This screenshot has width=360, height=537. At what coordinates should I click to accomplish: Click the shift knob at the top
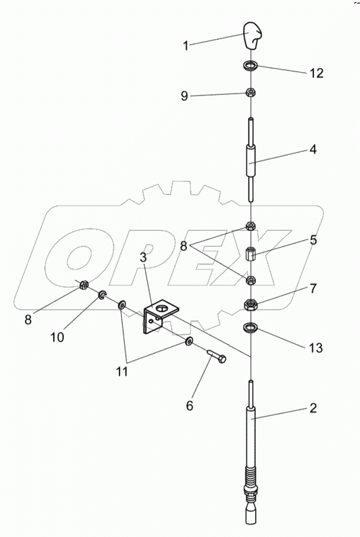(252, 36)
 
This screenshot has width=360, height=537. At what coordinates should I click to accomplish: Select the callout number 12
(316, 73)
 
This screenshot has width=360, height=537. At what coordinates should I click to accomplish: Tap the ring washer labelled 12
(251, 65)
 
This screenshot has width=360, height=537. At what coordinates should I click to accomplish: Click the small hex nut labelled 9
(251, 92)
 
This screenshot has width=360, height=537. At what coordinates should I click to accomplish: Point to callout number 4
(313, 149)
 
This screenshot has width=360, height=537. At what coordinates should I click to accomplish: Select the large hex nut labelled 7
(251, 304)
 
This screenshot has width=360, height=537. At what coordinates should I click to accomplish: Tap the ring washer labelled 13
(251, 328)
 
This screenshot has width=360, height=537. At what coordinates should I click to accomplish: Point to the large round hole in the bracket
(162, 309)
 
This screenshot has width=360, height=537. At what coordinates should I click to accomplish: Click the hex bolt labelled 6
(217, 356)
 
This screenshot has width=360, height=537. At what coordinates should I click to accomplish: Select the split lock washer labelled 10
(102, 295)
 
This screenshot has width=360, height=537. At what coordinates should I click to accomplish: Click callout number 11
(122, 372)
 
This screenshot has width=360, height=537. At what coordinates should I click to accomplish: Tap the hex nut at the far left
(84, 284)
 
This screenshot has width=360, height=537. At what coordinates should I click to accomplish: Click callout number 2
(313, 408)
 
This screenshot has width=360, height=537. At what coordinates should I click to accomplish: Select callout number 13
(315, 348)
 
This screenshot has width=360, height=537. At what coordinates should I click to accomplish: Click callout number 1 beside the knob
(186, 45)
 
